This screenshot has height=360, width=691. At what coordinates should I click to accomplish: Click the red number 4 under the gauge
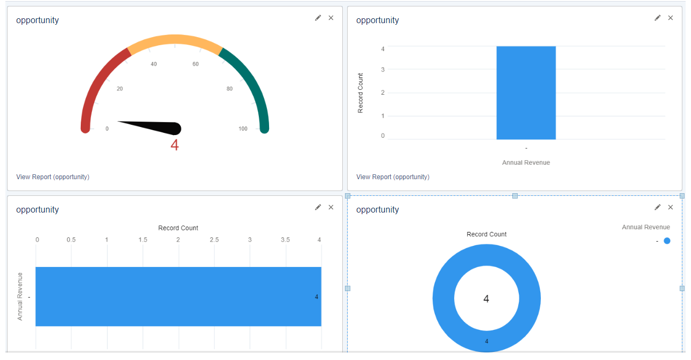coord(174,145)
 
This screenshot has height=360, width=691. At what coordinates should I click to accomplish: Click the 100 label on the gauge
coord(243,129)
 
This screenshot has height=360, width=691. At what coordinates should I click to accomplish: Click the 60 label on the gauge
coord(195,64)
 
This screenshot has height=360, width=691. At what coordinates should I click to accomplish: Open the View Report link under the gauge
coord(53,177)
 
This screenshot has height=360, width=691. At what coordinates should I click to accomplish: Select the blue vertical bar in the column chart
coord(526,93)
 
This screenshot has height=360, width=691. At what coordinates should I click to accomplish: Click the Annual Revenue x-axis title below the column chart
coord(526,163)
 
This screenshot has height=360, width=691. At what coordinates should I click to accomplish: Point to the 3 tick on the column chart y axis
coord(383,69)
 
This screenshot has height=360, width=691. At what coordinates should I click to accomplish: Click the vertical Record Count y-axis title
coord(361,93)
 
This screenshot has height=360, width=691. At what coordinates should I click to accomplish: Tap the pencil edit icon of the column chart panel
coord(657,18)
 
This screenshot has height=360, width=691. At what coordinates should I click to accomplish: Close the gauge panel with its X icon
coord(331,18)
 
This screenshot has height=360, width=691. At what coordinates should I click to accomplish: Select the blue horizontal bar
coord(178,297)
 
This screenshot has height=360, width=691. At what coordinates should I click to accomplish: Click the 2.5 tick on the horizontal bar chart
coord(214,239)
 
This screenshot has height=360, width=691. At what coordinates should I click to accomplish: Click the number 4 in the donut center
coord(486,299)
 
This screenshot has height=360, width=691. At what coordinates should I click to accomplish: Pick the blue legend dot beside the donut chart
coord(667,241)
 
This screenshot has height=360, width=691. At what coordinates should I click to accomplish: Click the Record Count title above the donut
coord(486,234)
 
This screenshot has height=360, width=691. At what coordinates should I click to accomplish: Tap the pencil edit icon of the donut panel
coord(657,207)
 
